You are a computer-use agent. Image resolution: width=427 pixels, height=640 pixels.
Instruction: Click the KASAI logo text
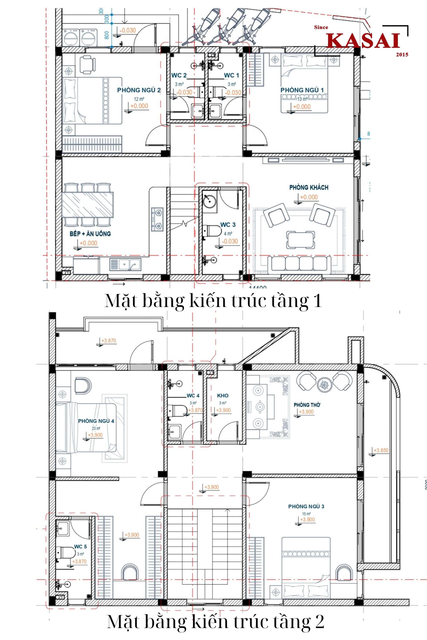[x=364, y=41]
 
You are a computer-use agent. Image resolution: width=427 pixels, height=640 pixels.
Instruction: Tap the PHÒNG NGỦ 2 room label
[x=139, y=90]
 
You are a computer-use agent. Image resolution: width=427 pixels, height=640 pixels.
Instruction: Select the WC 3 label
[x=228, y=225]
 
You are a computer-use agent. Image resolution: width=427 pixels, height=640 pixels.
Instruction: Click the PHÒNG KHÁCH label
[x=309, y=187]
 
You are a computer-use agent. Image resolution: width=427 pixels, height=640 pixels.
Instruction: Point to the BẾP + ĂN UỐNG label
[x=90, y=234]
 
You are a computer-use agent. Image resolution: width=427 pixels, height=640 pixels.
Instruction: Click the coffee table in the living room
[x=301, y=240]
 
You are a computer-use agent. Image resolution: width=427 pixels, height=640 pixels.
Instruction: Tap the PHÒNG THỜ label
[x=307, y=405]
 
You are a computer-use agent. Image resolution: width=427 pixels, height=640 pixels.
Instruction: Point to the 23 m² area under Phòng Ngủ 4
[x=96, y=428]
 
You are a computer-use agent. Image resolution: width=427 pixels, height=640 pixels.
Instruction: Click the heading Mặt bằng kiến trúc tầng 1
[x=213, y=301]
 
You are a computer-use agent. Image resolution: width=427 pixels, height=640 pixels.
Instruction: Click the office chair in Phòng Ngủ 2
[x=87, y=64]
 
